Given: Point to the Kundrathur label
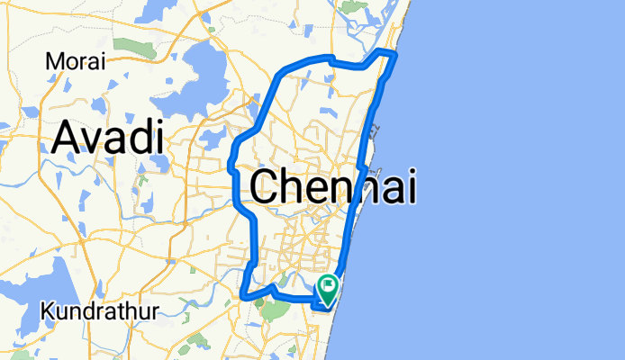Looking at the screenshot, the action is [100, 311].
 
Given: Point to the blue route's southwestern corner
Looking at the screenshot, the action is [243, 293].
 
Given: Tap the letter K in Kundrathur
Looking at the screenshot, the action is [48, 311].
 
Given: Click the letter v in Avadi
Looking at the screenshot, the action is [93, 140].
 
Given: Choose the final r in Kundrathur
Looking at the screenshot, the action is [156, 313].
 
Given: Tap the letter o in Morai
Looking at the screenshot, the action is [71, 63].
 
